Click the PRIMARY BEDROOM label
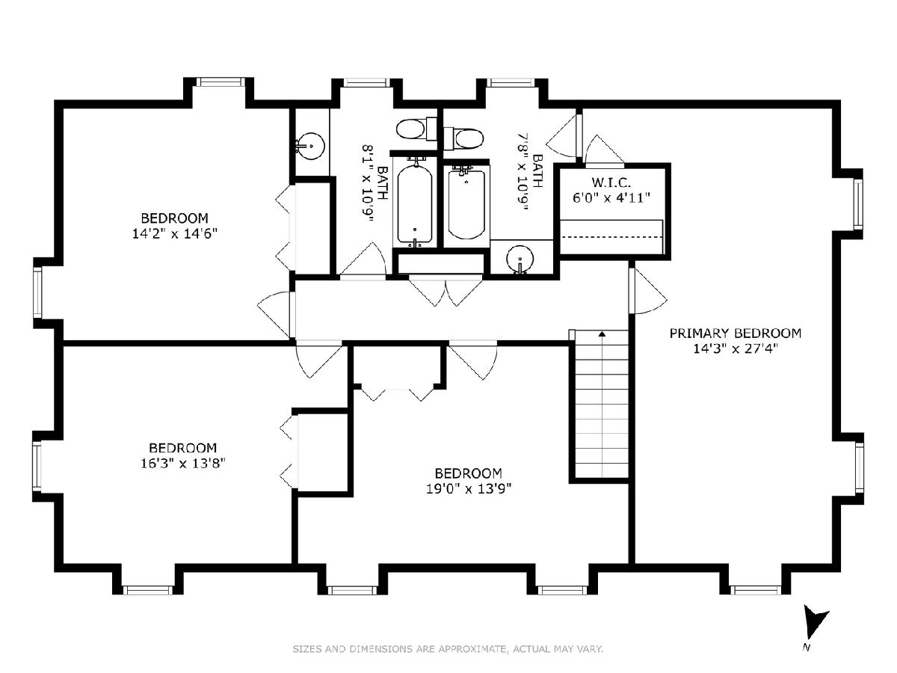tap(735, 334)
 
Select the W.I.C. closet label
tap(611, 182)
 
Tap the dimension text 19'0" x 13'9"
tap(469, 489)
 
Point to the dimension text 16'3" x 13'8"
tap(182, 464)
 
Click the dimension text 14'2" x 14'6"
tap(174, 233)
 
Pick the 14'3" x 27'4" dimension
tap(734, 349)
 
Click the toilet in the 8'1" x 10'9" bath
tap(416, 129)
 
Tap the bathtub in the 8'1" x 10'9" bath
tap(414, 203)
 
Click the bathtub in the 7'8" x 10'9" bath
tap(466, 203)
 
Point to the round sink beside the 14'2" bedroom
tap(310, 146)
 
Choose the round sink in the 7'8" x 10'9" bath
tap(520, 259)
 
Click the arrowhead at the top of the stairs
tap(602, 334)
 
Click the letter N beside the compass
tap(807, 659)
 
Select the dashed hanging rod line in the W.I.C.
tap(611, 236)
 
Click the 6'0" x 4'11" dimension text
tap(611, 198)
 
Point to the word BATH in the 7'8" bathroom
tap(537, 170)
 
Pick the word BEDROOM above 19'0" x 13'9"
tap(469, 473)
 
